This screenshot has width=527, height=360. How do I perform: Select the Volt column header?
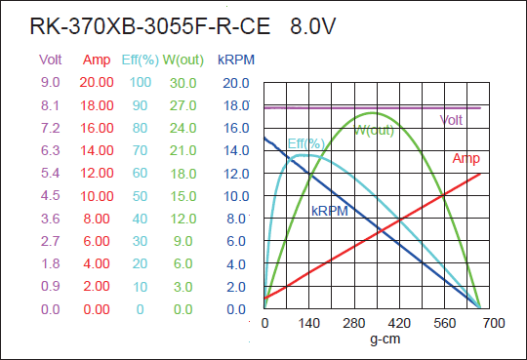pos(50,60)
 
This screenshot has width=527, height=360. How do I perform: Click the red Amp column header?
pos(97,60)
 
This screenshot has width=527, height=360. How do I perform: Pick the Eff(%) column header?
pos(140,60)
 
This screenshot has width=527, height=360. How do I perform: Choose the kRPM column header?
pos(236,60)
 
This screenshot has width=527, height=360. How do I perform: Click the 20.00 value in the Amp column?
pos(97,83)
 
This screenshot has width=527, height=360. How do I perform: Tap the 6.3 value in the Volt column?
pos(50,151)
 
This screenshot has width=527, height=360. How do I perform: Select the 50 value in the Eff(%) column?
pos(140,196)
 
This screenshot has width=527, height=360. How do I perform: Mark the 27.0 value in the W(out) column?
pos(183,105)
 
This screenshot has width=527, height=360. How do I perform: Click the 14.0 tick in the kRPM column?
pos(236,151)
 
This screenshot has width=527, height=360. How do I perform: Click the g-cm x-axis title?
pos(386,340)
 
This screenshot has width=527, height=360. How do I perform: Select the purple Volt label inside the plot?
pos(451,121)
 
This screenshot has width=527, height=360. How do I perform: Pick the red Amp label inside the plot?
pos(466,159)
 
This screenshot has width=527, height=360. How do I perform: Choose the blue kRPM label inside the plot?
pos(329,211)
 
